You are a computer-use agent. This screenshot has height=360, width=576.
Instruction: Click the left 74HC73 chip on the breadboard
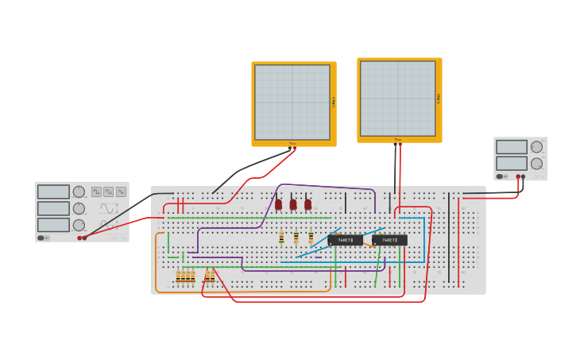click(x=345, y=239)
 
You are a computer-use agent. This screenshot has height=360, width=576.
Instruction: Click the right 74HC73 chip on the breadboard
click(x=389, y=239)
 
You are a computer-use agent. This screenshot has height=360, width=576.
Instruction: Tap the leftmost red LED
click(x=278, y=204)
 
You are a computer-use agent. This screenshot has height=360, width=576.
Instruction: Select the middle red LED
click(x=293, y=204)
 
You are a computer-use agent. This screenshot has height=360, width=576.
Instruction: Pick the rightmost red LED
click(x=307, y=204)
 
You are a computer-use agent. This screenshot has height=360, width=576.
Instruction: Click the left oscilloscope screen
click(x=292, y=102)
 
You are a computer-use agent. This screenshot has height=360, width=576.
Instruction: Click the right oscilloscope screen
click(x=397, y=98)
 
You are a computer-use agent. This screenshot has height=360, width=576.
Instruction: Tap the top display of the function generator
click(x=53, y=192)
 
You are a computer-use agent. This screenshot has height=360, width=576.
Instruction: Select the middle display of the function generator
click(x=53, y=208)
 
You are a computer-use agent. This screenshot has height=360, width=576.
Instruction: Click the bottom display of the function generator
click(x=53, y=225)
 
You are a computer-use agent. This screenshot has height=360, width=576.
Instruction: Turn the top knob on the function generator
click(x=79, y=192)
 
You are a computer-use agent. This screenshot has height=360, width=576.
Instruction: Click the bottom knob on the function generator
click(x=79, y=225)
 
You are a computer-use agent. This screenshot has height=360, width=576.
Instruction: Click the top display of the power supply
click(x=511, y=147)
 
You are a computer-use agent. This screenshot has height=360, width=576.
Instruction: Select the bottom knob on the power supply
click(x=536, y=163)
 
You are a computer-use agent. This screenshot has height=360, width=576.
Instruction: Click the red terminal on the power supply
click(x=518, y=176)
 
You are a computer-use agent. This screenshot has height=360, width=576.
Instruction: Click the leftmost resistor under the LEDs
click(x=281, y=237)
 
